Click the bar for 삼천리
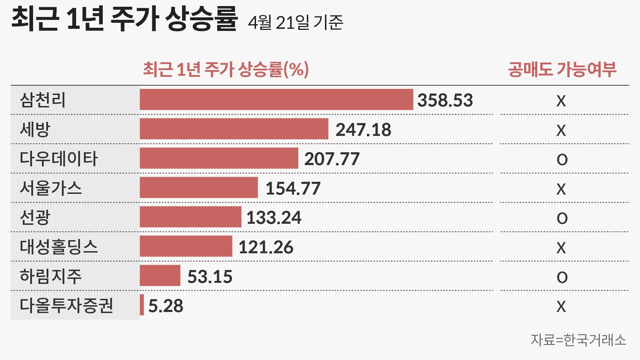point(276,100)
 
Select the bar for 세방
point(234,129)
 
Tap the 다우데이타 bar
point(219,158)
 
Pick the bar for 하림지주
point(160,276)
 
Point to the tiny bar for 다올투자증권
point(142,305)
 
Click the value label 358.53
point(445,100)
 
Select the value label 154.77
point(293,189)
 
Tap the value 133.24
point(274,218)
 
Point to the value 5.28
point(166,306)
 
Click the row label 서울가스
point(50,188)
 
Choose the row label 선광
point(35,217)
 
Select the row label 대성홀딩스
point(59,247)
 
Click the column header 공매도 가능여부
point(562,69)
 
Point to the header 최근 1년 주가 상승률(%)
point(226,69)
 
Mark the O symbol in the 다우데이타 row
point(562,160)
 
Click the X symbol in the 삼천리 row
point(561,101)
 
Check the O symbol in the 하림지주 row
point(562,277)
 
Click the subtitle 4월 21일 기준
point(295,23)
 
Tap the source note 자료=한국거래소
point(578,340)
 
